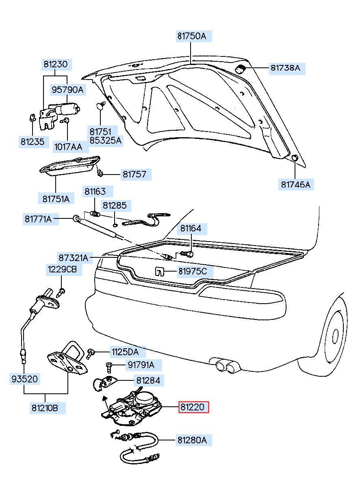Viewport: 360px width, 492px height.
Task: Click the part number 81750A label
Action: point(192,36)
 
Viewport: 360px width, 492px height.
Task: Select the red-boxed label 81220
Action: point(193,407)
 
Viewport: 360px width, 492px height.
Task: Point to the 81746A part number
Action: point(296,184)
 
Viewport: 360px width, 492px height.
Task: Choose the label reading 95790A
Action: point(68,90)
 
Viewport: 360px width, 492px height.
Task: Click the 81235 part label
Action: point(33,142)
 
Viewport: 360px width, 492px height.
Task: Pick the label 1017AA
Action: point(68,147)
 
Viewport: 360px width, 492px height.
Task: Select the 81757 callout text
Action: point(134,175)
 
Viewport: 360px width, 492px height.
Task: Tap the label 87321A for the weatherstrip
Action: point(73,258)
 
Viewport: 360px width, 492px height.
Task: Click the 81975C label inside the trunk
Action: point(193,272)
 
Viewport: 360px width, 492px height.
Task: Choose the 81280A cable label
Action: point(192,440)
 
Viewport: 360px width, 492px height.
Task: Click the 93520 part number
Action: point(25,379)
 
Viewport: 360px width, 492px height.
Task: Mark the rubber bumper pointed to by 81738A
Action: point(240,69)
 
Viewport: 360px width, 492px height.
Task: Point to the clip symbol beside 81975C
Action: point(160,272)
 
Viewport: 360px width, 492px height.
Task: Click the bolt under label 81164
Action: point(187,254)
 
